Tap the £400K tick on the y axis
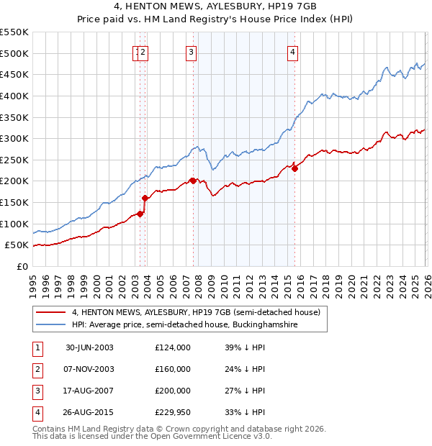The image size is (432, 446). (14, 96)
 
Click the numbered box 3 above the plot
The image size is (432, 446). (191, 51)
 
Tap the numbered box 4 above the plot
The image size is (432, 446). (293, 51)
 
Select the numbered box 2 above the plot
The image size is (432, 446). (144, 51)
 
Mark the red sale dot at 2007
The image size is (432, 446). (193, 181)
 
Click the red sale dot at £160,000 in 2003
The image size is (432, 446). (145, 198)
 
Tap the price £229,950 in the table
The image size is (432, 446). (172, 412)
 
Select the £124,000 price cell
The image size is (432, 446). (172, 347)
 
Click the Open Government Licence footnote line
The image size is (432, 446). (152, 436)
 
